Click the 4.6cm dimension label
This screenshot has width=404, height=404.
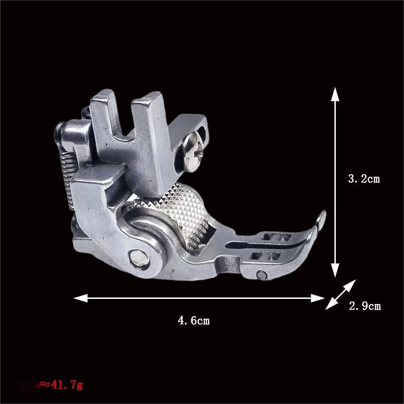(x=193, y=321)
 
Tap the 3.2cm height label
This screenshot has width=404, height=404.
(x=364, y=179)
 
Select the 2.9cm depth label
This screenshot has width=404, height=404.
(x=365, y=306)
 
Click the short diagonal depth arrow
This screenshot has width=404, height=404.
(x=339, y=295)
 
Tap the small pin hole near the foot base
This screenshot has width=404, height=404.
(x=262, y=274)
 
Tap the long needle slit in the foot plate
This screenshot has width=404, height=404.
(x=263, y=245)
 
